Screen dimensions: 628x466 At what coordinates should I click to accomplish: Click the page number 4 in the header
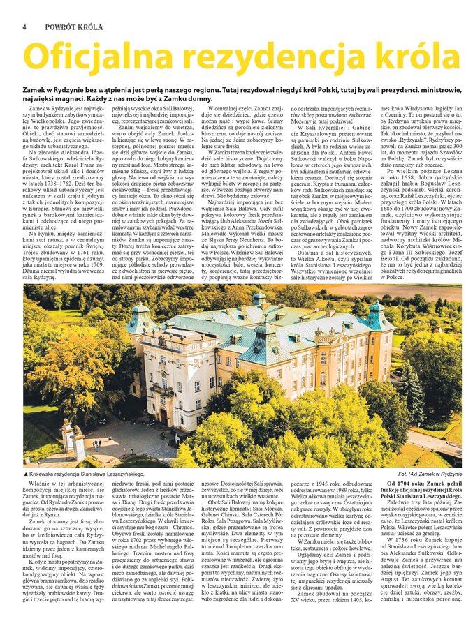pyautogui.click(x=24, y=27)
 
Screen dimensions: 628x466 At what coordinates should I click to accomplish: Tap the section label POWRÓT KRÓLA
pyautogui.click(x=74, y=27)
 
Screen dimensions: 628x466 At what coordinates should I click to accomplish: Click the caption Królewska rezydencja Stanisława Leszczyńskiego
pyautogui.click(x=88, y=474)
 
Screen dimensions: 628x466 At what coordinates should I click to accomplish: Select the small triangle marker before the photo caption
pyautogui.click(x=26, y=474)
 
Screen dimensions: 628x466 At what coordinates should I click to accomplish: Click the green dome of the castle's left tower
pyautogui.click(x=140, y=311)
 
